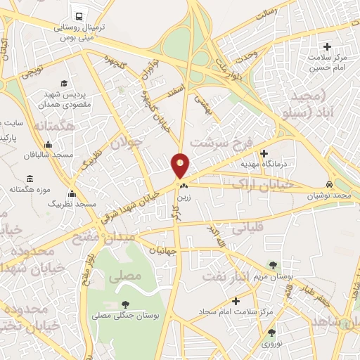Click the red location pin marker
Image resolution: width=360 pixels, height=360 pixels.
tap(181, 165)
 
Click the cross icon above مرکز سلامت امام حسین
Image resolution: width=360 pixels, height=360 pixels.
tap(327, 46)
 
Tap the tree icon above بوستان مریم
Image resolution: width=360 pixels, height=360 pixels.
tap(272, 265)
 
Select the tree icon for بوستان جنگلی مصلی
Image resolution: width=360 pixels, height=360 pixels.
tap(125, 304)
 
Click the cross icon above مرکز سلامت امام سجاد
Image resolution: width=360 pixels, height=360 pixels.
tap(236, 301)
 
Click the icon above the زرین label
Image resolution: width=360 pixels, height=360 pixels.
tap(184, 186)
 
